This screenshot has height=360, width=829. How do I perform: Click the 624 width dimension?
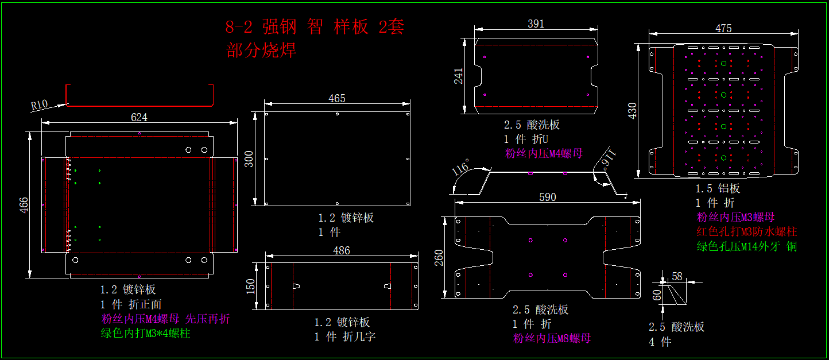[139, 117]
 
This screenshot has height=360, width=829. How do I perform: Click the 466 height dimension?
[24, 206]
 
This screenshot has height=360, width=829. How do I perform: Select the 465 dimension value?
[337, 99]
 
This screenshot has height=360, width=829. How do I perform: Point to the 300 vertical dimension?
[249, 158]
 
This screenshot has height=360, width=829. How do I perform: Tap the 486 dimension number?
[342, 250]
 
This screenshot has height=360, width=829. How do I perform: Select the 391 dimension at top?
[536, 24]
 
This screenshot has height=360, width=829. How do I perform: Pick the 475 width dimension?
[723, 28]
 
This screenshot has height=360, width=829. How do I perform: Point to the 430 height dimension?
[633, 110]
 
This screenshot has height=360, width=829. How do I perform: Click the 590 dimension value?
[548, 197]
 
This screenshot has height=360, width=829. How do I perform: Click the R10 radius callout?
[40, 104]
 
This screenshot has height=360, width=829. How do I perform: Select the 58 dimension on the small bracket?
[677, 277]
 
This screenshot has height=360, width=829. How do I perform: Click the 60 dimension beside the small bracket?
[657, 295]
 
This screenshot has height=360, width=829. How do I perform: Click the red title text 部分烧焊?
[262, 51]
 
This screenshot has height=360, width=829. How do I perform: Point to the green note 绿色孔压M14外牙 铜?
[747, 246]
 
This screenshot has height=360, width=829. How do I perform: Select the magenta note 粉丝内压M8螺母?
[552, 338]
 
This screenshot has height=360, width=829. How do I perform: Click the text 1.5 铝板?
[718, 188]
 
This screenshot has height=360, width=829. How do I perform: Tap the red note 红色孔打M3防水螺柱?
[747, 232]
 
